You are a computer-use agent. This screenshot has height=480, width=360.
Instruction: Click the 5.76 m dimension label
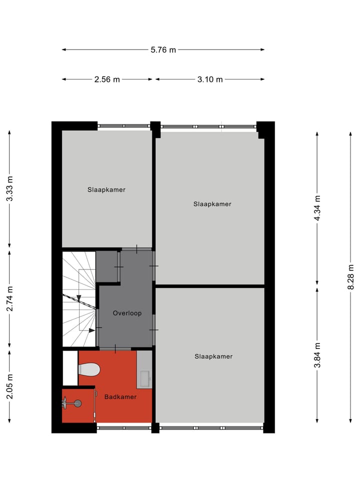tap(163, 49)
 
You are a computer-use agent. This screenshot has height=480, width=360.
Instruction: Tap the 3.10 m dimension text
tap(210, 79)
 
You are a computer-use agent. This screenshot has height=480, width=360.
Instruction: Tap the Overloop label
tap(127, 313)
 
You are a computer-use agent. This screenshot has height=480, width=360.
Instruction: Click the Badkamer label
tap(120, 396)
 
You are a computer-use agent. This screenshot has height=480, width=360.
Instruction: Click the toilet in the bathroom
tap(89, 369)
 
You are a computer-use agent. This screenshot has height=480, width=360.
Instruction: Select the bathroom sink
tap(144, 378)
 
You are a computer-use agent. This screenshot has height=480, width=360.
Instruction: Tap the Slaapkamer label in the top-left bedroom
tap(106, 189)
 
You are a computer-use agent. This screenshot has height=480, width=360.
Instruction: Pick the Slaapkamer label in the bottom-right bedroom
tap(213, 356)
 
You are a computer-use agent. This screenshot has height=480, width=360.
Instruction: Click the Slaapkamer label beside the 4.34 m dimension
tap(212, 204)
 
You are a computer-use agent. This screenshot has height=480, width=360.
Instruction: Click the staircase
tap(78, 299)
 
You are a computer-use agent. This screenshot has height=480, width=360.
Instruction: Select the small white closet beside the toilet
tap(70, 368)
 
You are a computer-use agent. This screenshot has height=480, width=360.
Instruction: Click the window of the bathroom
tap(123, 427)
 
